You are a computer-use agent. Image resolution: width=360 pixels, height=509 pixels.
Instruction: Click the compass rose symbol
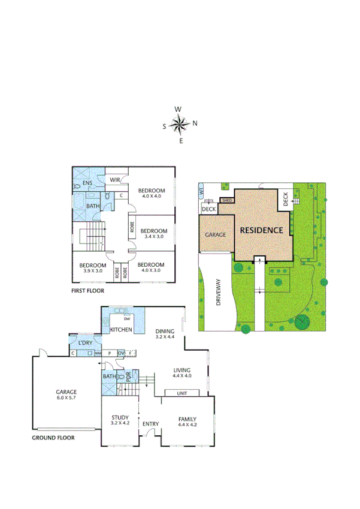point(180,125)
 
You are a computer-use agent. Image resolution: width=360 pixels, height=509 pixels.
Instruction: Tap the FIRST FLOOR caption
point(87,291)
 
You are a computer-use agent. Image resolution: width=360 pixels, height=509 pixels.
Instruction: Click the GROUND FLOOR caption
point(53,438)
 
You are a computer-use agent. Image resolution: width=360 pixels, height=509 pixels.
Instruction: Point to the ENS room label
point(87,183)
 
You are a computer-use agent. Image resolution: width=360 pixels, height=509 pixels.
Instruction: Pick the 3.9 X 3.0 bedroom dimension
point(92,271)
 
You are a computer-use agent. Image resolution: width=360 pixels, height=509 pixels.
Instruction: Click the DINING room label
point(164,331)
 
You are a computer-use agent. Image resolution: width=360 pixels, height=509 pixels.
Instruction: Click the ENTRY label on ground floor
point(150,424)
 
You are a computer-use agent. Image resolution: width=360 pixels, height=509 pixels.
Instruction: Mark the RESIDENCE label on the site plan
point(261,230)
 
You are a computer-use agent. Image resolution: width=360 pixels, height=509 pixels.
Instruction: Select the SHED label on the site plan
point(227,200)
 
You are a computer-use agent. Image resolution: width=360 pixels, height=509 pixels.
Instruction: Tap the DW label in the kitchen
point(128,319)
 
